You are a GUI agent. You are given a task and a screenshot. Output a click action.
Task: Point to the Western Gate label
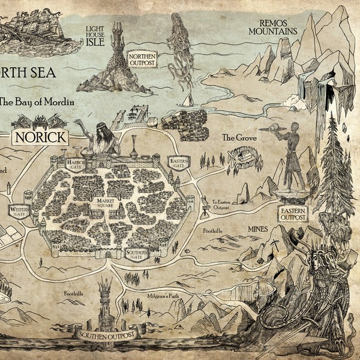[19, 211]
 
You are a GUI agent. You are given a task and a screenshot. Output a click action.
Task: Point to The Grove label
[235, 137]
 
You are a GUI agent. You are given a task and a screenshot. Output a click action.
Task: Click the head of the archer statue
[293, 128]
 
